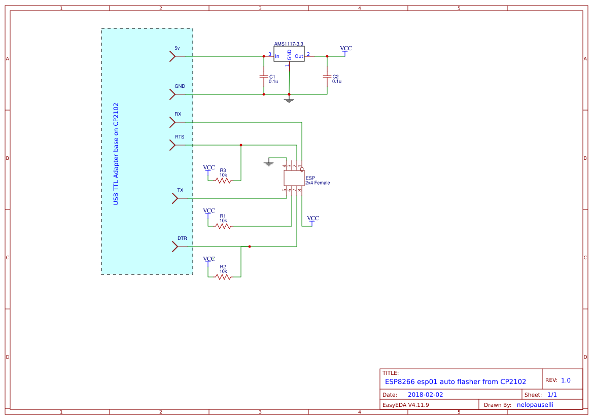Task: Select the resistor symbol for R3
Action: click(x=223, y=180)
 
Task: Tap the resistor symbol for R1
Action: click(x=223, y=226)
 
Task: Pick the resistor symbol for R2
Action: click(x=223, y=277)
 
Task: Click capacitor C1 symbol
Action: click(x=263, y=77)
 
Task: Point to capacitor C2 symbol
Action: click(x=327, y=77)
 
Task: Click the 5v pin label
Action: click(x=177, y=48)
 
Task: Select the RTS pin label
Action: click(x=180, y=137)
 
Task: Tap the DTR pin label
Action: click(x=182, y=238)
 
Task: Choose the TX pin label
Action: click(x=180, y=190)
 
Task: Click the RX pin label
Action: click(x=178, y=114)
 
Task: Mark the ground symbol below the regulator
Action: click(x=289, y=100)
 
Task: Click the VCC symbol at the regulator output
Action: click(x=346, y=49)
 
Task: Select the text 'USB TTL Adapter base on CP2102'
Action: click(x=116, y=154)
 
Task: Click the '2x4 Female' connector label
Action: click(x=318, y=183)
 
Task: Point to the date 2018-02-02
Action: click(x=425, y=395)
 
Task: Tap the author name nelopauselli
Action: click(x=535, y=405)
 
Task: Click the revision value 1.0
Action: click(x=566, y=380)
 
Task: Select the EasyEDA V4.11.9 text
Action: click(x=405, y=405)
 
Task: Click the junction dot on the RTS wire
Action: click(x=241, y=145)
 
